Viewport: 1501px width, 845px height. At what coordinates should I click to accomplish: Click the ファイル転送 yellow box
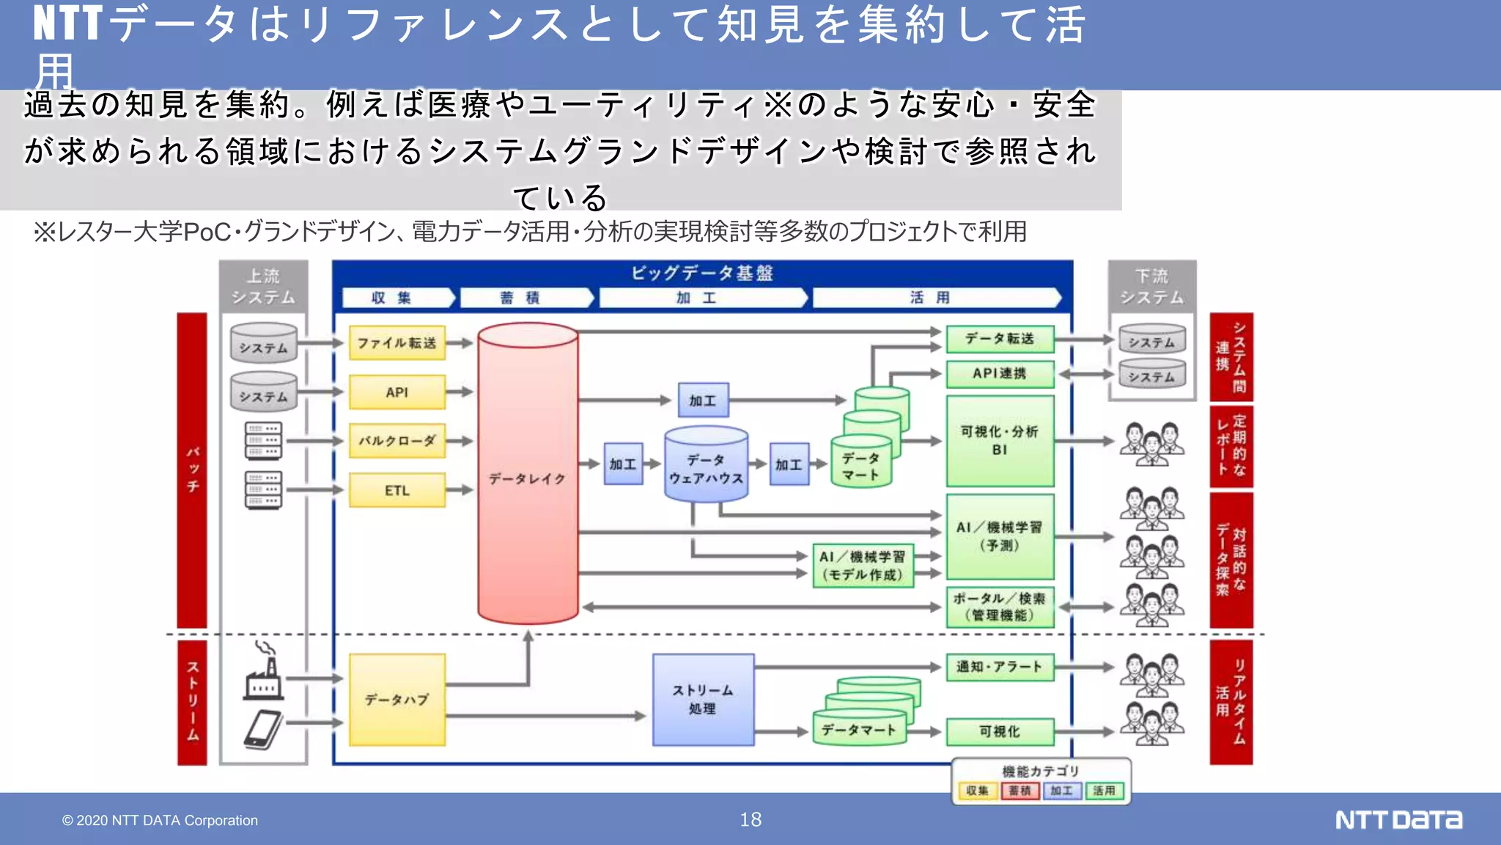tap(397, 343)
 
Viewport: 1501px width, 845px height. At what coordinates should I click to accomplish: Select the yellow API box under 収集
tap(397, 392)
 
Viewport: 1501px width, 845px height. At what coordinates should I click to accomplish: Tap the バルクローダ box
tap(397, 441)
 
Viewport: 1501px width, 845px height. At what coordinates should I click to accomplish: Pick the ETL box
tap(397, 490)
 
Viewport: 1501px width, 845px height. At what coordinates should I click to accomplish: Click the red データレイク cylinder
tap(528, 478)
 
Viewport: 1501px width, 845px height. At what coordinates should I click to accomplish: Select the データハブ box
tap(397, 700)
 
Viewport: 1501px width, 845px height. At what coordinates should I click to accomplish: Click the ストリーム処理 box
tap(703, 700)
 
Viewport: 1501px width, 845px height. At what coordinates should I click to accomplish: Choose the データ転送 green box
tap(1000, 338)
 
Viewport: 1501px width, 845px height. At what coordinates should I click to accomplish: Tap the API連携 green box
tap(1000, 373)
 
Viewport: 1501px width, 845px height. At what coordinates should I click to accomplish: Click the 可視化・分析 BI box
tap(1000, 440)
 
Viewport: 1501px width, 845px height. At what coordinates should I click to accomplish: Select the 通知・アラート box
tap(1000, 667)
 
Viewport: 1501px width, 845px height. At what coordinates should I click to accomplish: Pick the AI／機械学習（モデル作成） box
tap(863, 566)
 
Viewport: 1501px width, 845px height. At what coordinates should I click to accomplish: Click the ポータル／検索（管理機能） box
tap(1000, 607)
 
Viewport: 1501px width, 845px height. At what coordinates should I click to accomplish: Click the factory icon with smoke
tap(264, 672)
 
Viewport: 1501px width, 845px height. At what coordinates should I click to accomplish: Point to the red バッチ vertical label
tap(192, 469)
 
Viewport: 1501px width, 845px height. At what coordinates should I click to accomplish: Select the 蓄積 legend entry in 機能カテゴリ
tap(1019, 791)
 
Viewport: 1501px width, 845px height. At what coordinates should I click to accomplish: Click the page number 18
tap(750, 819)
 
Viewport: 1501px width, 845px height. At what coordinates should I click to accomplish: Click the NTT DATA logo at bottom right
tap(1398, 819)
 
